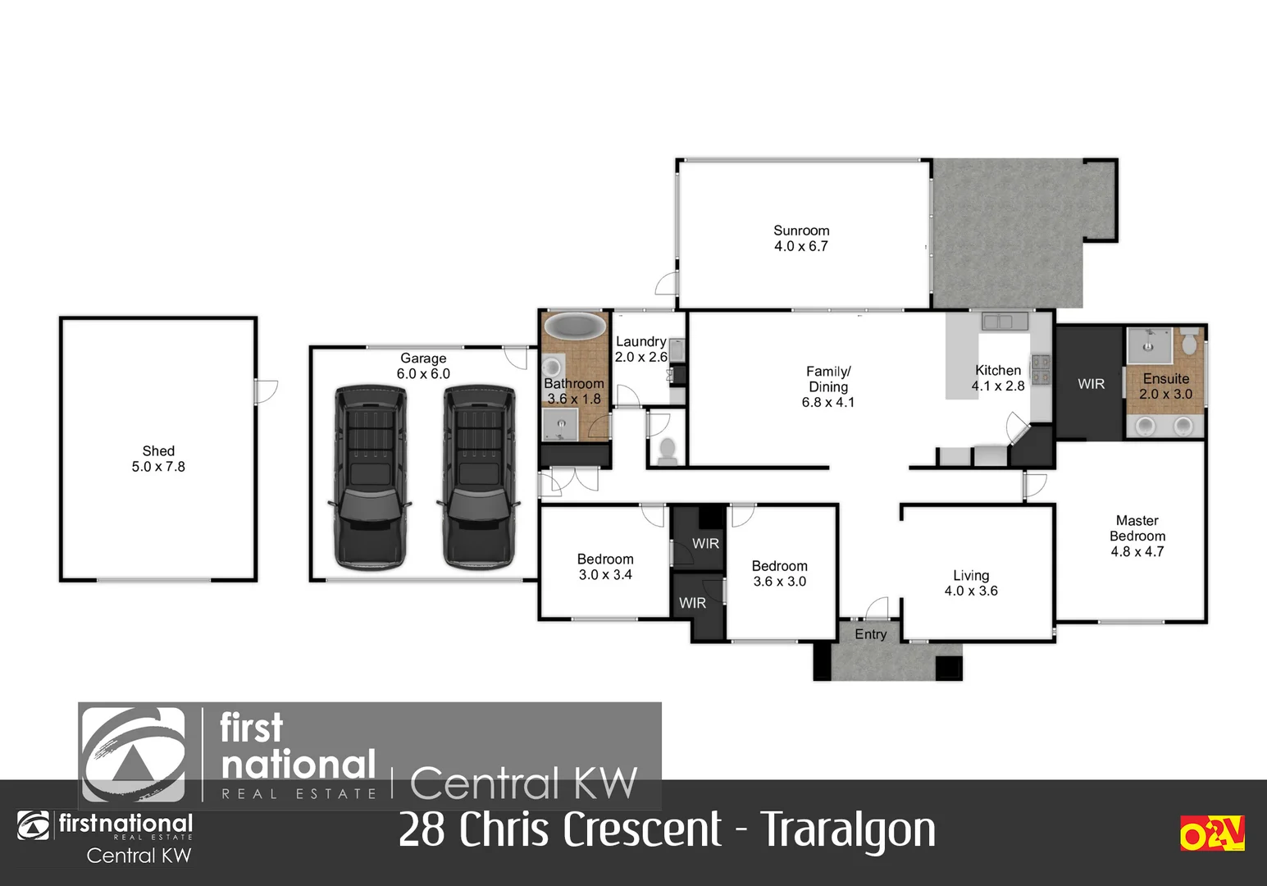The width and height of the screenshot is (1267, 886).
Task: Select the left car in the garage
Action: (x=370, y=478)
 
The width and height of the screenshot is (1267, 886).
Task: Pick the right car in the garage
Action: (x=479, y=478)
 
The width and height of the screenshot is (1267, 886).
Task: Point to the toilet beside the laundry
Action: (x=668, y=450)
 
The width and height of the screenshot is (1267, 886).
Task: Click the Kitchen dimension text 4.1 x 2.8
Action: (x=998, y=386)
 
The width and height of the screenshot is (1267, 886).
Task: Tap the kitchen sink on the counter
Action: (x=1005, y=321)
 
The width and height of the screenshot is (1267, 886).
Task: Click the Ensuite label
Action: (x=1165, y=378)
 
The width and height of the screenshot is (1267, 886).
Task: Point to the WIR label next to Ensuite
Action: (x=1091, y=384)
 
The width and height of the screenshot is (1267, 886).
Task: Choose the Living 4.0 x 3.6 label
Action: (x=971, y=583)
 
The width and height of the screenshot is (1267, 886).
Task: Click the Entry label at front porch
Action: (x=870, y=634)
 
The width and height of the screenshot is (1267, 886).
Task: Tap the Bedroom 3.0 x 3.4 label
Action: (x=605, y=567)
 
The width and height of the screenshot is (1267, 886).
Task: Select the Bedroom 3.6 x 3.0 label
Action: (x=779, y=573)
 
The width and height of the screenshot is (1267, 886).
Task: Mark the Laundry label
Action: (x=640, y=341)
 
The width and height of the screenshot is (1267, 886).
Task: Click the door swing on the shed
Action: (x=267, y=391)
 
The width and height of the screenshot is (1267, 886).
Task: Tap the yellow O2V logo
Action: (x=1211, y=833)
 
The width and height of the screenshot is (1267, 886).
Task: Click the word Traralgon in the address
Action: (x=848, y=829)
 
